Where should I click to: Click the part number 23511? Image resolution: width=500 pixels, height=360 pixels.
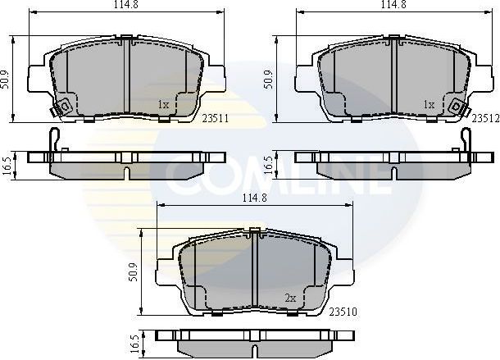click(x=215, y=117)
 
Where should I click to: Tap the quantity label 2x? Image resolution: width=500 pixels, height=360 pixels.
click(x=289, y=299)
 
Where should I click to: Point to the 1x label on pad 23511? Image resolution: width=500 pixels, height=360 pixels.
click(x=162, y=105)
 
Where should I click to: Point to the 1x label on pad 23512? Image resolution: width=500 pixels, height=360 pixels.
click(x=428, y=105)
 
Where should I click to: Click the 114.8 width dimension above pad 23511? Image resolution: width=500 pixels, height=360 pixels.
click(x=126, y=7)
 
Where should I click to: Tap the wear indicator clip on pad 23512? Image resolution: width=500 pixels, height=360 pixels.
click(x=457, y=106)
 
